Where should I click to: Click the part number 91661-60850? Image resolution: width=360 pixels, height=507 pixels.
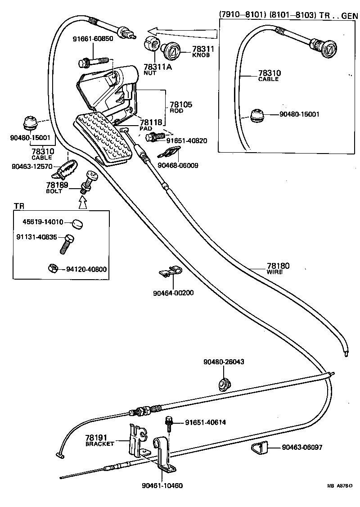click(93, 39)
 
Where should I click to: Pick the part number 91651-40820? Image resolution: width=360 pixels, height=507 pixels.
click(187, 140)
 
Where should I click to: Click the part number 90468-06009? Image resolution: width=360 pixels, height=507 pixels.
click(178, 165)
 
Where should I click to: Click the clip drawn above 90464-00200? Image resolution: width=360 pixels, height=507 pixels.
click(170, 272)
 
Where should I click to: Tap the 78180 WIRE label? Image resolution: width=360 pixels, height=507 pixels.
click(278, 268)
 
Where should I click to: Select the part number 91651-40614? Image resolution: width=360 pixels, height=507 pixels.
click(205, 422)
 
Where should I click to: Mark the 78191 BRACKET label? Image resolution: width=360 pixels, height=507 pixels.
click(100, 439)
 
